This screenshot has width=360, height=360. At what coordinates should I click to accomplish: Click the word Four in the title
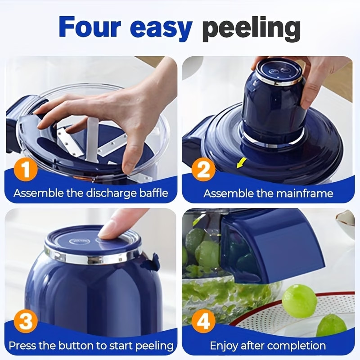click(90, 27)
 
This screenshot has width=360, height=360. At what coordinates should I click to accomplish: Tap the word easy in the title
click(161, 29)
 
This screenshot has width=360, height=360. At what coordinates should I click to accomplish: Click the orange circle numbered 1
click(26, 170)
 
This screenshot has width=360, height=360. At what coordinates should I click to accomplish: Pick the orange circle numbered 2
click(203, 170)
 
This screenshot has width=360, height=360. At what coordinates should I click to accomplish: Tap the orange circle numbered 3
click(26, 321)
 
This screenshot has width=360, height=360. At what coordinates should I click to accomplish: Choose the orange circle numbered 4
click(203, 321)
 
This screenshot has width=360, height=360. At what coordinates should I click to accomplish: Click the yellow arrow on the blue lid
click(242, 162)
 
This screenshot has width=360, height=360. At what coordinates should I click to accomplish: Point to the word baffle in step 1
click(154, 193)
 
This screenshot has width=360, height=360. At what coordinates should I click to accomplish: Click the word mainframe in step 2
click(305, 193)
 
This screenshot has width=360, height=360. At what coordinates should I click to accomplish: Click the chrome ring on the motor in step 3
click(92, 257)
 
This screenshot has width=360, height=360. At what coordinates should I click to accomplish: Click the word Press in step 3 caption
click(22, 345)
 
